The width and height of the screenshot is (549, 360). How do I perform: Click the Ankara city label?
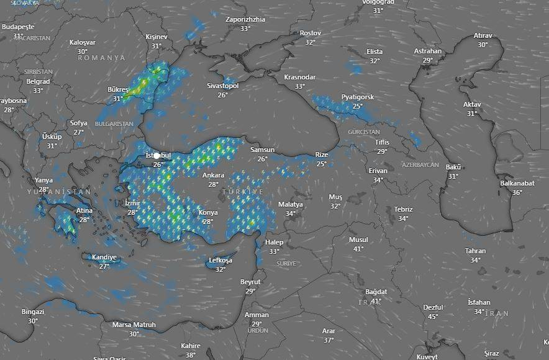[213, 175]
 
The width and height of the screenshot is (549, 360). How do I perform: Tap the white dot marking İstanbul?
[157, 156]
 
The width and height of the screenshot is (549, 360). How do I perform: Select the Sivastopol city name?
[222, 86]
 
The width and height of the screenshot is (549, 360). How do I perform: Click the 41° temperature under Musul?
[358, 249]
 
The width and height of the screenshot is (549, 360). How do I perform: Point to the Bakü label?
[453, 168]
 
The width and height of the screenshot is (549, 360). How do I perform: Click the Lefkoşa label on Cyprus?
[220, 261]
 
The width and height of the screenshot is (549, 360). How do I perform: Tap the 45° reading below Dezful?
[433, 317]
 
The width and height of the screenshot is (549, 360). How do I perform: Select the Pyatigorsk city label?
[358, 97]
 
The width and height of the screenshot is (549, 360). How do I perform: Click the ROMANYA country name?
[101, 58]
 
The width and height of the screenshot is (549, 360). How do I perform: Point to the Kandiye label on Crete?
[104, 258]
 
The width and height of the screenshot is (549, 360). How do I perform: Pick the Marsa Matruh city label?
[134, 325]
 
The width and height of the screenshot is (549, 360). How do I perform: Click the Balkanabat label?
[517, 184]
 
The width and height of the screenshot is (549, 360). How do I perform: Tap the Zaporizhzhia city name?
[245, 19]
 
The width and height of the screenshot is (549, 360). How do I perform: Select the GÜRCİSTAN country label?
[363, 132]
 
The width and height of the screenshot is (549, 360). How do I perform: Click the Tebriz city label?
[403, 210]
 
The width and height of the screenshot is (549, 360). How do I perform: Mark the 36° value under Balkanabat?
[517, 192]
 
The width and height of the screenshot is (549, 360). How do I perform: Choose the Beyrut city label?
[250, 282]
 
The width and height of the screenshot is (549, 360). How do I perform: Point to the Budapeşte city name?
[18, 27]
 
